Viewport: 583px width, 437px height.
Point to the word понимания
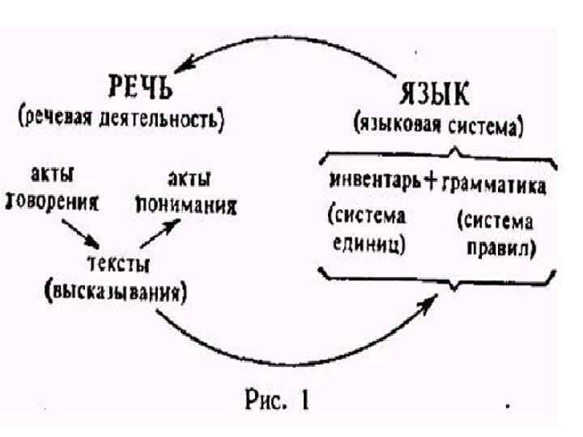click(x=187, y=204)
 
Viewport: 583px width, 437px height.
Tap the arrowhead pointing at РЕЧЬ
click(x=187, y=63)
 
